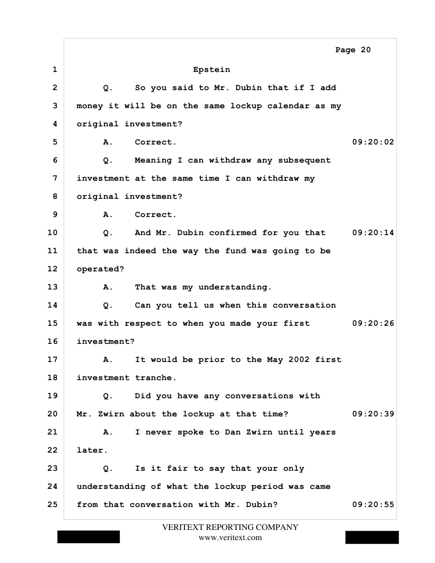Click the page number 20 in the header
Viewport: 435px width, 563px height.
tap(365, 50)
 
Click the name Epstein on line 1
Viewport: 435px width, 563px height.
tap(212, 70)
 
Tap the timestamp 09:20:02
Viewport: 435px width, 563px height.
tap(373, 142)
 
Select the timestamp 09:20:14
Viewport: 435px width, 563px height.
tap(373, 233)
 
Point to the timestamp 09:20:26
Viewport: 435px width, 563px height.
tap(373, 324)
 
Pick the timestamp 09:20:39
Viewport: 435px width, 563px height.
tap(373, 414)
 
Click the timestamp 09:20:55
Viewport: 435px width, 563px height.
tap(373, 505)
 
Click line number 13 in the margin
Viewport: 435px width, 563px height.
tap(52, 287)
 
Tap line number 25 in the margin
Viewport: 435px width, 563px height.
tap(52, 505)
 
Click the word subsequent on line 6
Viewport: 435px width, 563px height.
tap(304, 160)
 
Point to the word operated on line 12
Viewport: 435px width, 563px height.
tap(98, 269)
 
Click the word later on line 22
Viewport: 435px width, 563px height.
tap(90, 451)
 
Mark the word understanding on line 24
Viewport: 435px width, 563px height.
tap(111, 487)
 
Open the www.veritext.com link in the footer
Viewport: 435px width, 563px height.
tap(230, 537)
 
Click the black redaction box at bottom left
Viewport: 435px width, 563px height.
tap(88, 536)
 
